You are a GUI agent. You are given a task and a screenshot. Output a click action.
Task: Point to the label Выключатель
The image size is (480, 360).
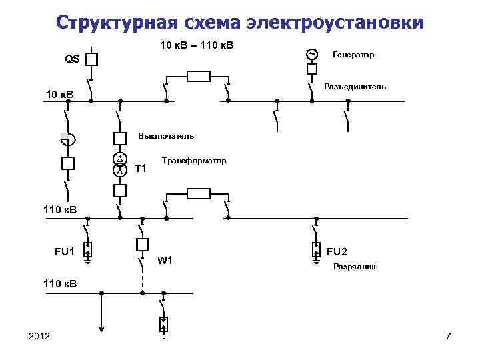pos(166,136)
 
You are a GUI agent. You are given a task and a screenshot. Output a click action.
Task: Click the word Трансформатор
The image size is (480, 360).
pos(194,161)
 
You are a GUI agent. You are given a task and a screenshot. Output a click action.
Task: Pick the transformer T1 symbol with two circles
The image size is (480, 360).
pos(119,164)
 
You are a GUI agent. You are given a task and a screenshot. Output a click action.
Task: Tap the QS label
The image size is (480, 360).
pos(72,59)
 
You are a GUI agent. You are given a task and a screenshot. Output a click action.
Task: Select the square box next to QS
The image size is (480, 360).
pos(91,59)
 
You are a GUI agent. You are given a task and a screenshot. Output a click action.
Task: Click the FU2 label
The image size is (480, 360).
pos(337,251)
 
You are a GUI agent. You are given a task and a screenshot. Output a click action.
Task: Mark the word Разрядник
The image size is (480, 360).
pos(354,267)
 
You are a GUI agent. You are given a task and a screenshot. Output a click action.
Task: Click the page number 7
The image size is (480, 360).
pos(448,335)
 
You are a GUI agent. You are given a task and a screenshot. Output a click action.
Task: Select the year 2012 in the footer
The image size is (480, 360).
pos(40,335)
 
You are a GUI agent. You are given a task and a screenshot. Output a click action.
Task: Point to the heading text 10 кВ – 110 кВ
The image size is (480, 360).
pos(200,45)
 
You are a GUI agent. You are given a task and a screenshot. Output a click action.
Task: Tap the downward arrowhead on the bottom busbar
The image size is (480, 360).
pos(101,327)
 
